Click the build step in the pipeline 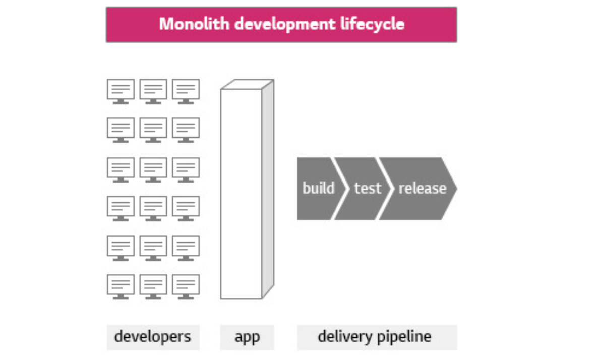[x=318, y=189]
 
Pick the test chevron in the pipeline [x=368, y=189]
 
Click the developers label [x=153, y=336]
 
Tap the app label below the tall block [x=247, y=336]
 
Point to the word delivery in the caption [x=342, y=336]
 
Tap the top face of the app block [x=248, y=84]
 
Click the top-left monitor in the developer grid [x=121, y=91]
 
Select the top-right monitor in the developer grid [x=186, y=91]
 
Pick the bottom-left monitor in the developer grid [x=121, y=286]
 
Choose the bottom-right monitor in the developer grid [x=186, y=286]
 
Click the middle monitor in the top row [x=153, y=91]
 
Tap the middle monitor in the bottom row [x=153, y=286]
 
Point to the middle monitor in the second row [x=153, y=130]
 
